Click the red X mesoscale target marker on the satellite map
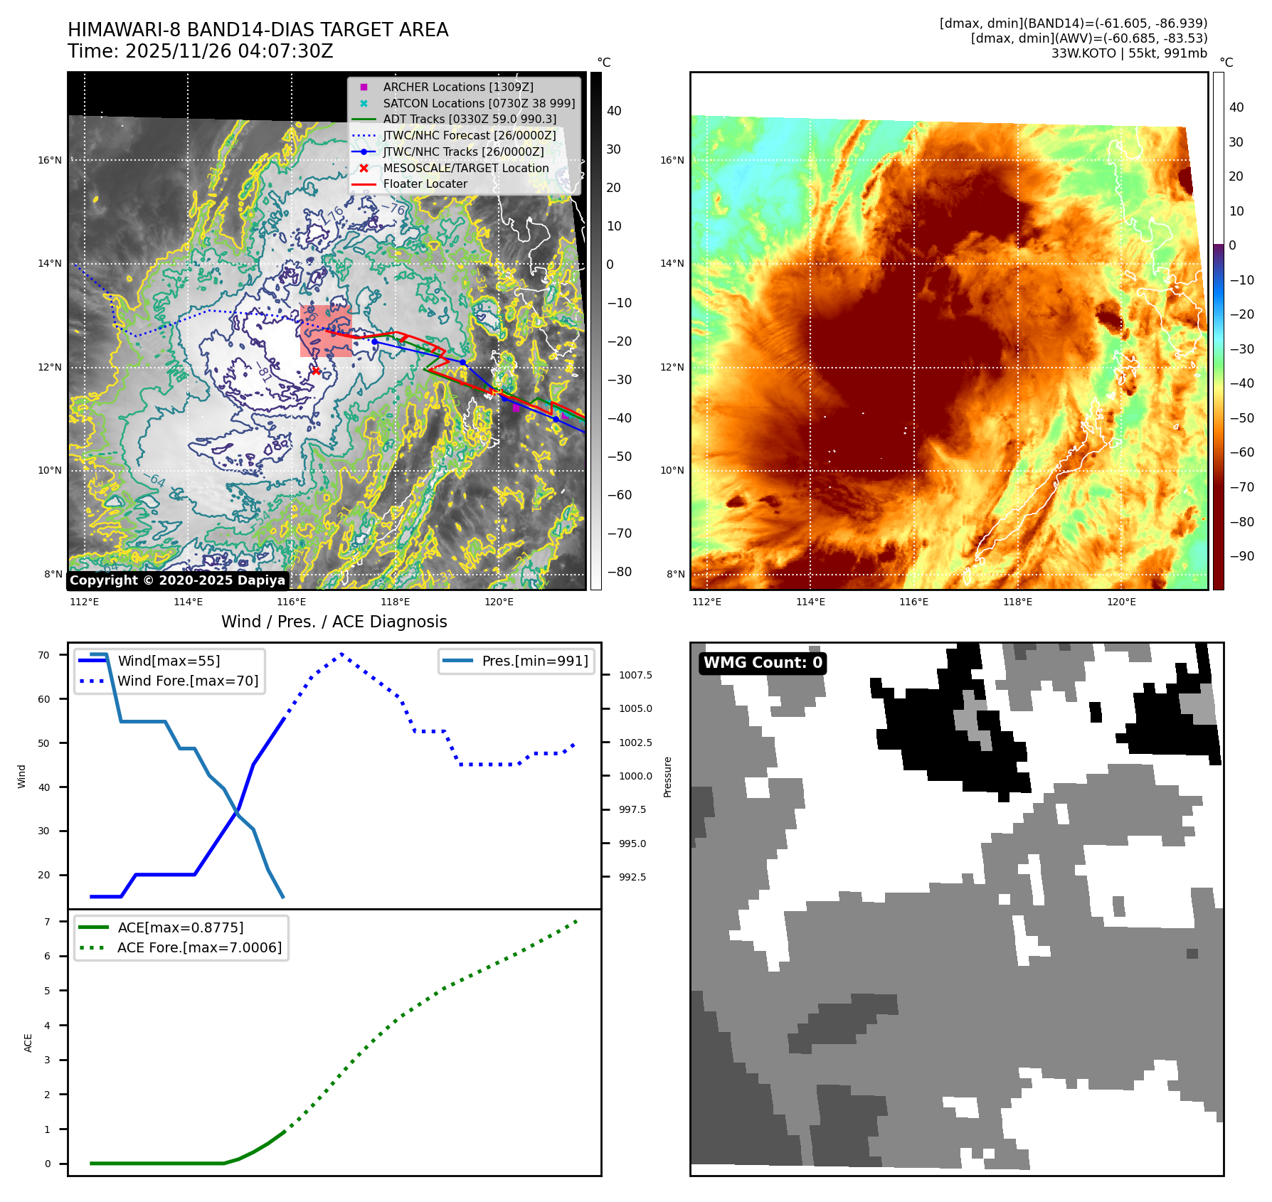click(316, 371)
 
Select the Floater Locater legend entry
click(425, 184)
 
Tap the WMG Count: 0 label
click(763, 663)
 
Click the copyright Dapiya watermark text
click(177, 580)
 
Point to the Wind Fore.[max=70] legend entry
click(188, 681)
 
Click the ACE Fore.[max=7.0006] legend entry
click(199, 947)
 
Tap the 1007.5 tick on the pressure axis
click(635, 675)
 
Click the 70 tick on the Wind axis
click(44, 655)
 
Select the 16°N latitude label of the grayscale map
click(50, 160)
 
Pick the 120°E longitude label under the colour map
click(1121, 602)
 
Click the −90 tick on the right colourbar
click(1241, 556)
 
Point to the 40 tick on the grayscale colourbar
click(613, 111)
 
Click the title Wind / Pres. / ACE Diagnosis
click(334, 622)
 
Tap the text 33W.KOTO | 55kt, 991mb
click(1129, 53)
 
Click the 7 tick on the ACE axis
click(47, 922)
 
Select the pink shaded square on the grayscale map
click(326, 331)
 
